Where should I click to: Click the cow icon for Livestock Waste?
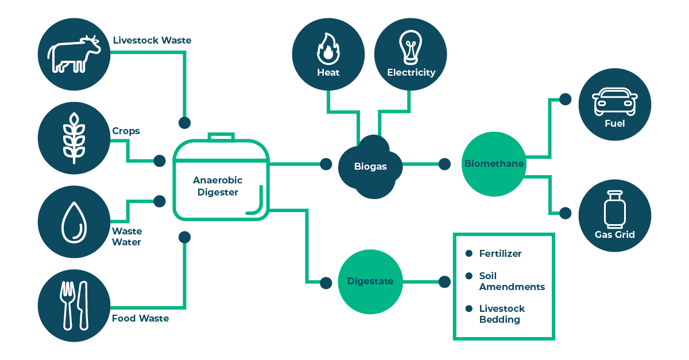coord(73,53)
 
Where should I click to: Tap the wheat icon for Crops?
coord(73,138)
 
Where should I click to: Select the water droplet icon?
coord(73,222)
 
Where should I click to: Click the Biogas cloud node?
coord(370,167)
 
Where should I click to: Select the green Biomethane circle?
coord(494,164)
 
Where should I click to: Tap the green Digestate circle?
coord(370,281)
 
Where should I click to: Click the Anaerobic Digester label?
coord(218,186)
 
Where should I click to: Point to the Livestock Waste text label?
coord(152,41)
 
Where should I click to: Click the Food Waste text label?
coord(140,318)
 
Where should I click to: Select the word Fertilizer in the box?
coord(500,253)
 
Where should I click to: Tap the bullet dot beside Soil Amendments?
coord(469,276)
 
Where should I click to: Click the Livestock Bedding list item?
coord(502,314)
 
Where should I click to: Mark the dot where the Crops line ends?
coord(160,161)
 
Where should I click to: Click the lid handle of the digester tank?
coord(221,137)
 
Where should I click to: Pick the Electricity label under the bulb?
coord(411,73)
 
